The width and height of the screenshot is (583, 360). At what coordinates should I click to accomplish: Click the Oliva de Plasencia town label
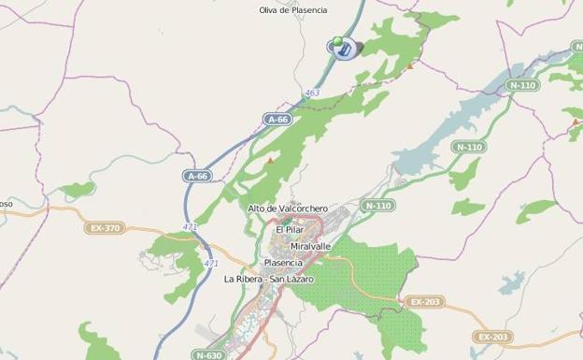(293, 10)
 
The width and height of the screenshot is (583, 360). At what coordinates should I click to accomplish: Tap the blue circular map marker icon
(343, 49)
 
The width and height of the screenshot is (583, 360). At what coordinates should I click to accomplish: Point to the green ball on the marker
(336, 41)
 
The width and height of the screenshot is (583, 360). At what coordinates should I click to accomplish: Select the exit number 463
(312, 93)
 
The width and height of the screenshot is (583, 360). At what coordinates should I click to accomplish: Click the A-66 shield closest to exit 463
(278, 120)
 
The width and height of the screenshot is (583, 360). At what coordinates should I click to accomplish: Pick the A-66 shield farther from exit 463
(196, 175)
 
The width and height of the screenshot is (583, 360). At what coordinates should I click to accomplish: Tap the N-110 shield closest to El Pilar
(377, 206)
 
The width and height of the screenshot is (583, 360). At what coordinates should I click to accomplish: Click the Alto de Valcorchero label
(288, 209)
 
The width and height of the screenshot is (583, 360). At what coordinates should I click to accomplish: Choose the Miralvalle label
(310, 246)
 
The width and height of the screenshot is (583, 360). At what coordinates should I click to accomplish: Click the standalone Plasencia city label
(282, 263)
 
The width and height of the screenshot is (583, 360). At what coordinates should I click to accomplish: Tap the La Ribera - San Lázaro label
(269, 279)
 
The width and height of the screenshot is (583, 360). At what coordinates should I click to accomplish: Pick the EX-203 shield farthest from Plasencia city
(492, 337)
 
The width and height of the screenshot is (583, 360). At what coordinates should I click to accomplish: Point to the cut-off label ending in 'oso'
(6, 204)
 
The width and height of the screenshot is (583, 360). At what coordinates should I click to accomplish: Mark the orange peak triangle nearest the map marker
(409, 65)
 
